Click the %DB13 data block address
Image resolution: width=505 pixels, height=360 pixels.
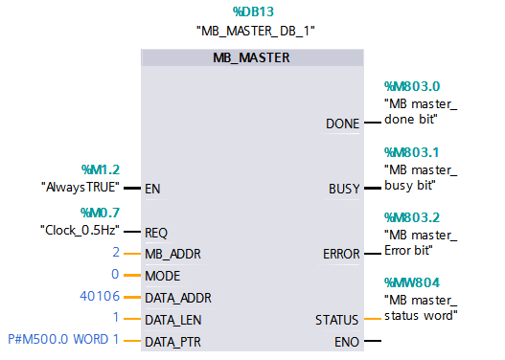click(253, 11)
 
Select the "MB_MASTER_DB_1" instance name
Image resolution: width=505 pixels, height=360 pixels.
click(255, 31)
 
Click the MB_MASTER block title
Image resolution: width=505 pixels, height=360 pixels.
click(251, 57)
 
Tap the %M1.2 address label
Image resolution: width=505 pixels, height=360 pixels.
click(101, 169)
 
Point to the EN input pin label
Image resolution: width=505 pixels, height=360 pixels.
click(152, 189)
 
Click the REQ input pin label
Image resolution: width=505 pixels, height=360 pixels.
click(156, 232)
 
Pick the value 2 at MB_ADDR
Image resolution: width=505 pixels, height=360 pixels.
click(116, 253)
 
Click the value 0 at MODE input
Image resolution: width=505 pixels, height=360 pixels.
click(116, 275)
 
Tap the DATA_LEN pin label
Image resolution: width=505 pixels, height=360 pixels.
click(172, 319)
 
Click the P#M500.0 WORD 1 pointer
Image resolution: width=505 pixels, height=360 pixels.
click(63, 340)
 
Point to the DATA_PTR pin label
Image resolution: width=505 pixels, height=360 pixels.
click(172, 341)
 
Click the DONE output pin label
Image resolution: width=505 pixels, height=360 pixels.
click(342, 124)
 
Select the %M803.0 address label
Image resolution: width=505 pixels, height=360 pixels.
click(411, 86)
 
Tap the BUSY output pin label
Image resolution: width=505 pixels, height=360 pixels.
click(344, 189)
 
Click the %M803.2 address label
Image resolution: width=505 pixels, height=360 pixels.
click(411, 216)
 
